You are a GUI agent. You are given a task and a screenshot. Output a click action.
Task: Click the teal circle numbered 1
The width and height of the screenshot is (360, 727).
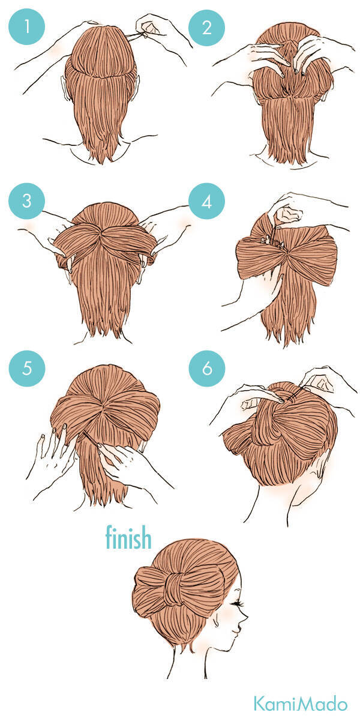point(26,26)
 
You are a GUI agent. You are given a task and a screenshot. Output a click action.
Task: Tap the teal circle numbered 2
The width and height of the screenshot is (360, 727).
point(206,27)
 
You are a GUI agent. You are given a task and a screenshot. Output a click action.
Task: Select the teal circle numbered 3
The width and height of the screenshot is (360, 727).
point(26,201)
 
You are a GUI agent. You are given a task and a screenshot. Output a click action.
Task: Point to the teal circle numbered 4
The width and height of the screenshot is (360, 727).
point(206,201)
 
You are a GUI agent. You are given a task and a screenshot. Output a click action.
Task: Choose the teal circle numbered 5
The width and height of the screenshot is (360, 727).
point(27,369)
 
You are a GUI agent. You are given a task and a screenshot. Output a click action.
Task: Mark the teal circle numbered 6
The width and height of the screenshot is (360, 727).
point(207,369)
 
